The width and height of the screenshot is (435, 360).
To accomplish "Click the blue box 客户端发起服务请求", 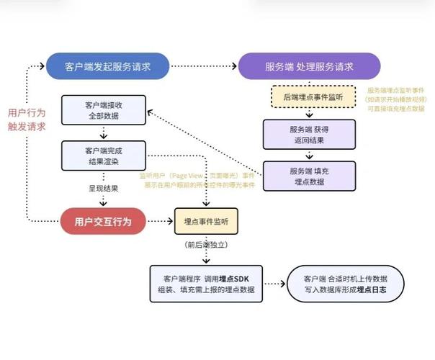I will tap(107, 66).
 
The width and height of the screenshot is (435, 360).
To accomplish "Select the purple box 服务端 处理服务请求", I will tap(309, 66).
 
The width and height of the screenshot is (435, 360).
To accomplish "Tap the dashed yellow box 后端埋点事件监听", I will tap(309, 96).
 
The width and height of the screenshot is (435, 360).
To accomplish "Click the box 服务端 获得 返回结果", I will tap(309, 134).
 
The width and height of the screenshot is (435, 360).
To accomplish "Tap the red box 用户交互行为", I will tap(102, 221).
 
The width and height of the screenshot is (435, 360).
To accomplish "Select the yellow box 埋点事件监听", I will tap(207, 221).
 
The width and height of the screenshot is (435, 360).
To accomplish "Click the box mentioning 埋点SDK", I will tap(206, 282).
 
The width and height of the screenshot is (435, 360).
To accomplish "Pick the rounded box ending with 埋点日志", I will tap(346, 282).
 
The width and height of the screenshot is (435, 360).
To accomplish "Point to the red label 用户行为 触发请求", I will tap(27, 120).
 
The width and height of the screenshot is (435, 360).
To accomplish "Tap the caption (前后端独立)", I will tap(207, 246).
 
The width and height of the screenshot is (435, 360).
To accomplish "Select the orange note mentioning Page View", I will tap(197, 179).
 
